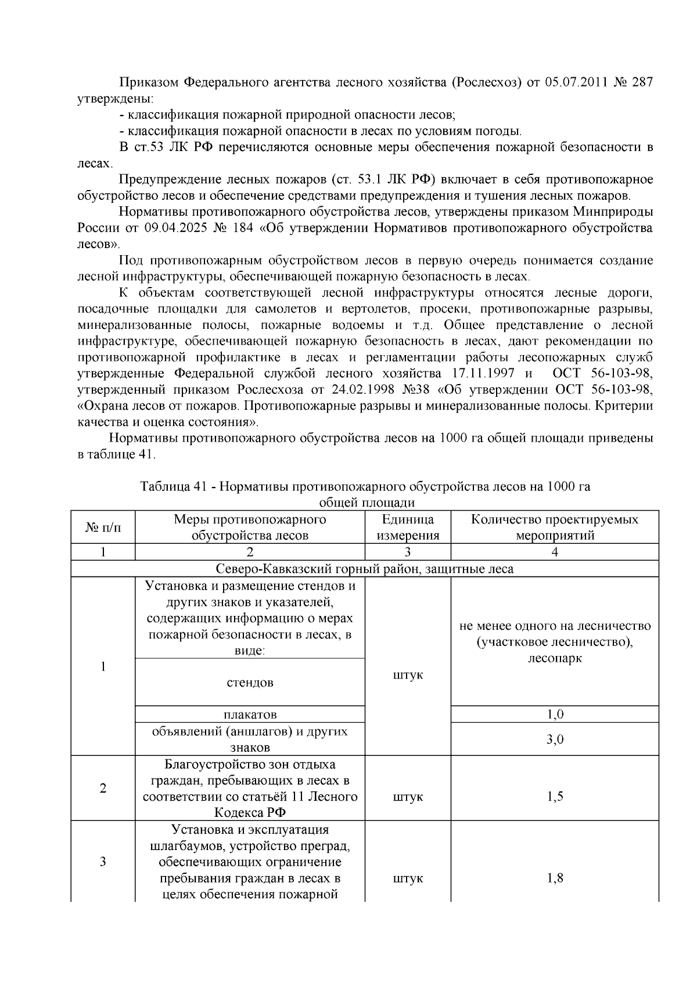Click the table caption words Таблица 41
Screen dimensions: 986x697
pos(174,486)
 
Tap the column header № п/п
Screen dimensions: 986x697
pos(103,527)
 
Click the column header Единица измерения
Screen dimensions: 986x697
pos(408,527)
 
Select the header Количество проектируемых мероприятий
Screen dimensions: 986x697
pos(555,527)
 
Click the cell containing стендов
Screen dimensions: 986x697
pos(250,683)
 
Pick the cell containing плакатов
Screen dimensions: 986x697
pos(250,714)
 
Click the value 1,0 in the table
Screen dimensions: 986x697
pos(555,714)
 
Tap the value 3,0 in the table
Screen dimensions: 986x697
pos(555,739)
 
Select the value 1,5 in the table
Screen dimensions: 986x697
pos(555,797)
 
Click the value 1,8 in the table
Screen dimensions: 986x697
pos(555,878)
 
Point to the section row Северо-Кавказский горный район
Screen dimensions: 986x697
pos(364,569)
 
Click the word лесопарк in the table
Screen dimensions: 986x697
pos(555,658)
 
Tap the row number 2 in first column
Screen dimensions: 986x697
pos(103,788)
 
